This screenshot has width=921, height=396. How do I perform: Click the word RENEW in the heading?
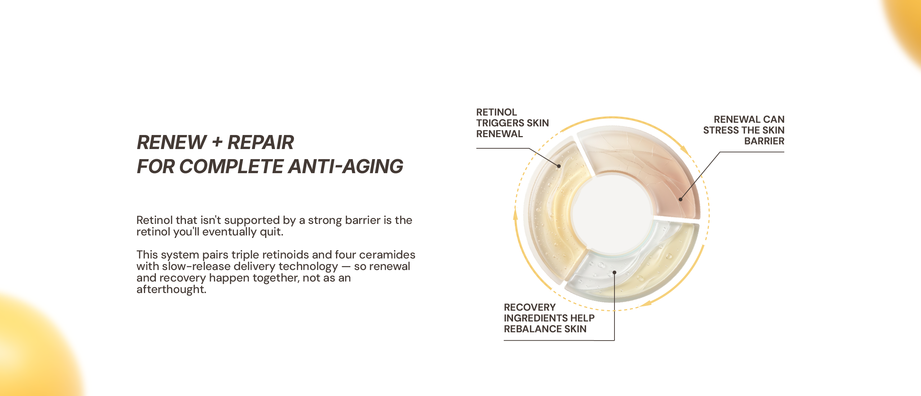pos(172,142)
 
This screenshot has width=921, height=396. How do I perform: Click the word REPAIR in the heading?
pos(261,142)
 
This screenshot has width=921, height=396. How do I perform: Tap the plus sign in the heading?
pos(217,143)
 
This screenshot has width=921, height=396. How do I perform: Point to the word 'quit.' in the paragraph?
pos(272,232)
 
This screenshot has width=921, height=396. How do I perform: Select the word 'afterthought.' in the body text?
pos(171,289)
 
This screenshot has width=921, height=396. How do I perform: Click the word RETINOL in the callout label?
pos(496,112)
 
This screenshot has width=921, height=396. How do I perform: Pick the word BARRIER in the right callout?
pos(764,141)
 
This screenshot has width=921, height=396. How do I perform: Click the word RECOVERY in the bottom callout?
pos(530,307)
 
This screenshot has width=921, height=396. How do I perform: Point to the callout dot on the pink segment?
pos(680,199)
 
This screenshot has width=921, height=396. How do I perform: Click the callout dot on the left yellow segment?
pos(559,166)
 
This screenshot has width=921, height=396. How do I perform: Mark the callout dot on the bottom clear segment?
pos(614,273)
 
